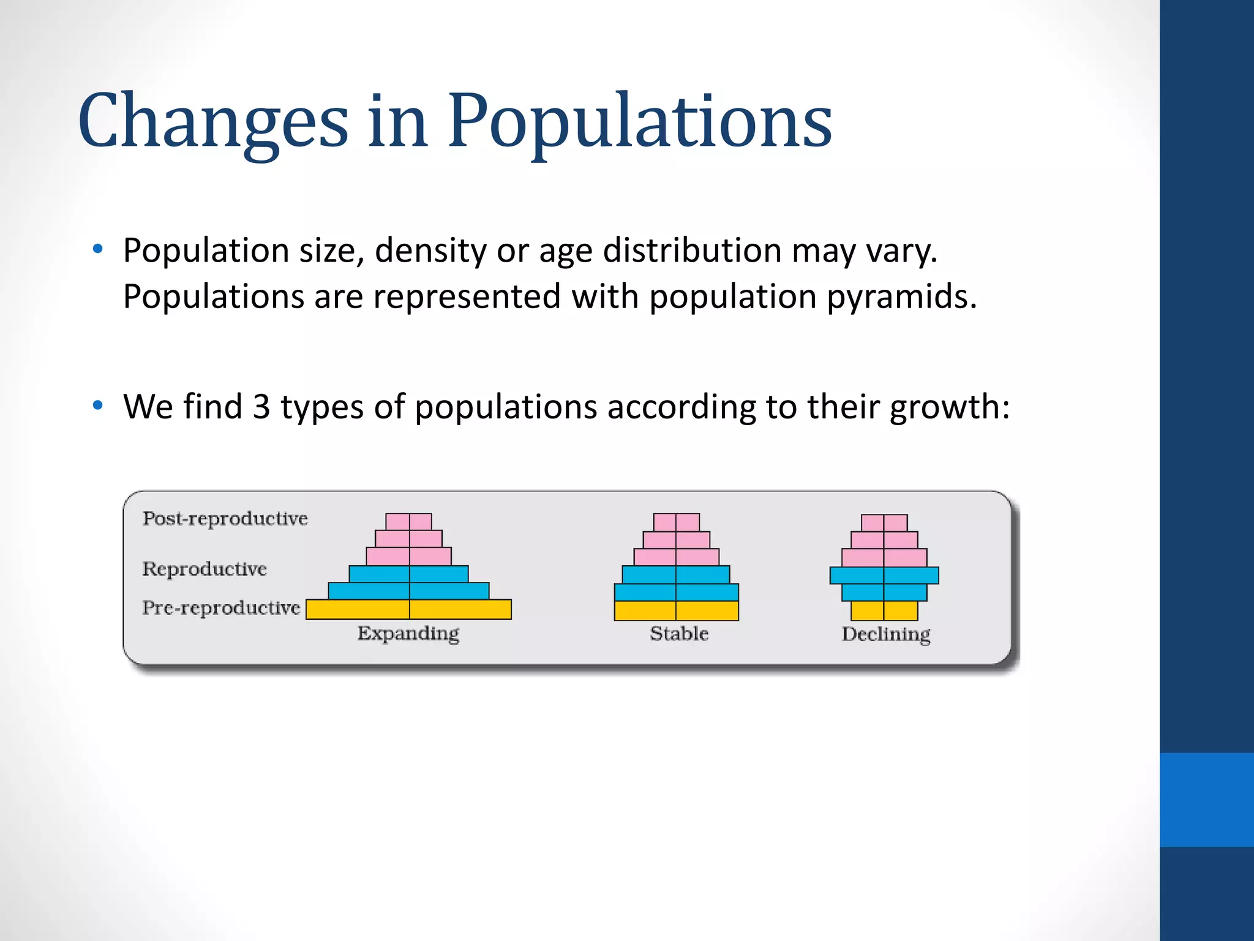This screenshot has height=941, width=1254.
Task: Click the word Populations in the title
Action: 639,121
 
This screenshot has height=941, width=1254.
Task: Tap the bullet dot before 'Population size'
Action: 97,249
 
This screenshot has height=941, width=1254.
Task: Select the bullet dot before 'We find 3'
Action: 97,406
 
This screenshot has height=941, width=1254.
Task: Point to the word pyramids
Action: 901,298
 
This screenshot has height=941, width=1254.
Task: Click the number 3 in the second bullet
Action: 261,407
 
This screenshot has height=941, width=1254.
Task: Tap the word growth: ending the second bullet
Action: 949,408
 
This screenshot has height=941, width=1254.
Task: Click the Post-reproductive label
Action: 225,519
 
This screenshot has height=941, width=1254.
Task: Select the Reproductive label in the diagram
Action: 205,569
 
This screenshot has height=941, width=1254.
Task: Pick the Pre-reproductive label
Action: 221,608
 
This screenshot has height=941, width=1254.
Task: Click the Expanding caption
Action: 408,634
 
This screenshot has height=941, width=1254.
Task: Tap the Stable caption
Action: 679,633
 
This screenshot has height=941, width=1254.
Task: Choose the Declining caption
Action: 885,634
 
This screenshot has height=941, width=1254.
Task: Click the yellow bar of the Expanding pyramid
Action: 408,610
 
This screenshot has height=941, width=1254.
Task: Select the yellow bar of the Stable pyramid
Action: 676,611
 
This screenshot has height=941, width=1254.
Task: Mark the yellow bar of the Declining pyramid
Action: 884,611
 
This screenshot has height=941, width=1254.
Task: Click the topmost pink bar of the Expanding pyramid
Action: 408,521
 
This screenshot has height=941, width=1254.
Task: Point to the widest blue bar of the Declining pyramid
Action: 884,575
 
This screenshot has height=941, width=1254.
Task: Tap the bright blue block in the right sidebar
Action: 1206,799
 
